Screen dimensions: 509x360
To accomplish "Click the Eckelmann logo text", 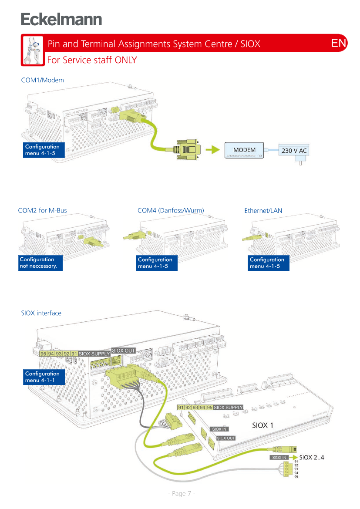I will pos(61,20).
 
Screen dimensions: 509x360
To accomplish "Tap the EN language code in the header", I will pos(339,43).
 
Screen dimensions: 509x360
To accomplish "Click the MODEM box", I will pos(244,150).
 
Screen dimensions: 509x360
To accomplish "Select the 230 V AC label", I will pos(294,151).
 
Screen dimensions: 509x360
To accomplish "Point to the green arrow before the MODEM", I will pos(212,150).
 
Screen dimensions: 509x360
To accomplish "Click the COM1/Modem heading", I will pos(43,80).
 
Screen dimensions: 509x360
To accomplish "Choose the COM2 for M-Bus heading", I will pos(43,210).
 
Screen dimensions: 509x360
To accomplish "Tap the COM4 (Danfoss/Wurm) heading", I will pos(171,210).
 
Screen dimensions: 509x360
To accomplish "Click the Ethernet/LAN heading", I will pos(263,210).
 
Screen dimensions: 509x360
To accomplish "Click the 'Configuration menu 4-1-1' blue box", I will pos(44,377).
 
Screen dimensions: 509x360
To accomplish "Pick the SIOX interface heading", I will pos(41,313).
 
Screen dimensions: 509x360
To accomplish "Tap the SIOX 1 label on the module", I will pos(263,425).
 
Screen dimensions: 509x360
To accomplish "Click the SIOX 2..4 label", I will pos(312,457).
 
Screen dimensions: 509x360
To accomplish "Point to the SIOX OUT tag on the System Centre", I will pos(124,351).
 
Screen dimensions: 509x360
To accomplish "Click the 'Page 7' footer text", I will pos(181,493).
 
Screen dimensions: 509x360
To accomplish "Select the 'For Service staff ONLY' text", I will pos(92,60).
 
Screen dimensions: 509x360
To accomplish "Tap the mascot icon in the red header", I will pos(32,51).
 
